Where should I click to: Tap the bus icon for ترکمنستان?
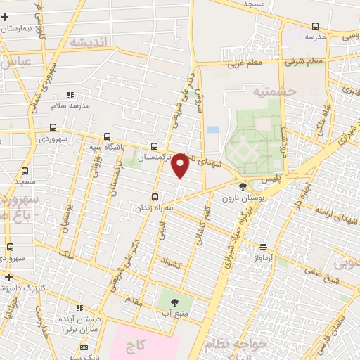154,147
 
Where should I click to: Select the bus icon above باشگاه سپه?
106,136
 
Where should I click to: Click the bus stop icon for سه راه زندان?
155,198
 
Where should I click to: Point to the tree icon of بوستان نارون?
243,186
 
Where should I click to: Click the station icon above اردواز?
262,247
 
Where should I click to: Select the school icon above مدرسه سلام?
69,94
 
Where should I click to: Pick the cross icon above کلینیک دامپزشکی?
6,278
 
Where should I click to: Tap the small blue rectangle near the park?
212,130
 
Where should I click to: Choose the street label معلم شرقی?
305,60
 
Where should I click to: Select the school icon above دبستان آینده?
79,308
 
